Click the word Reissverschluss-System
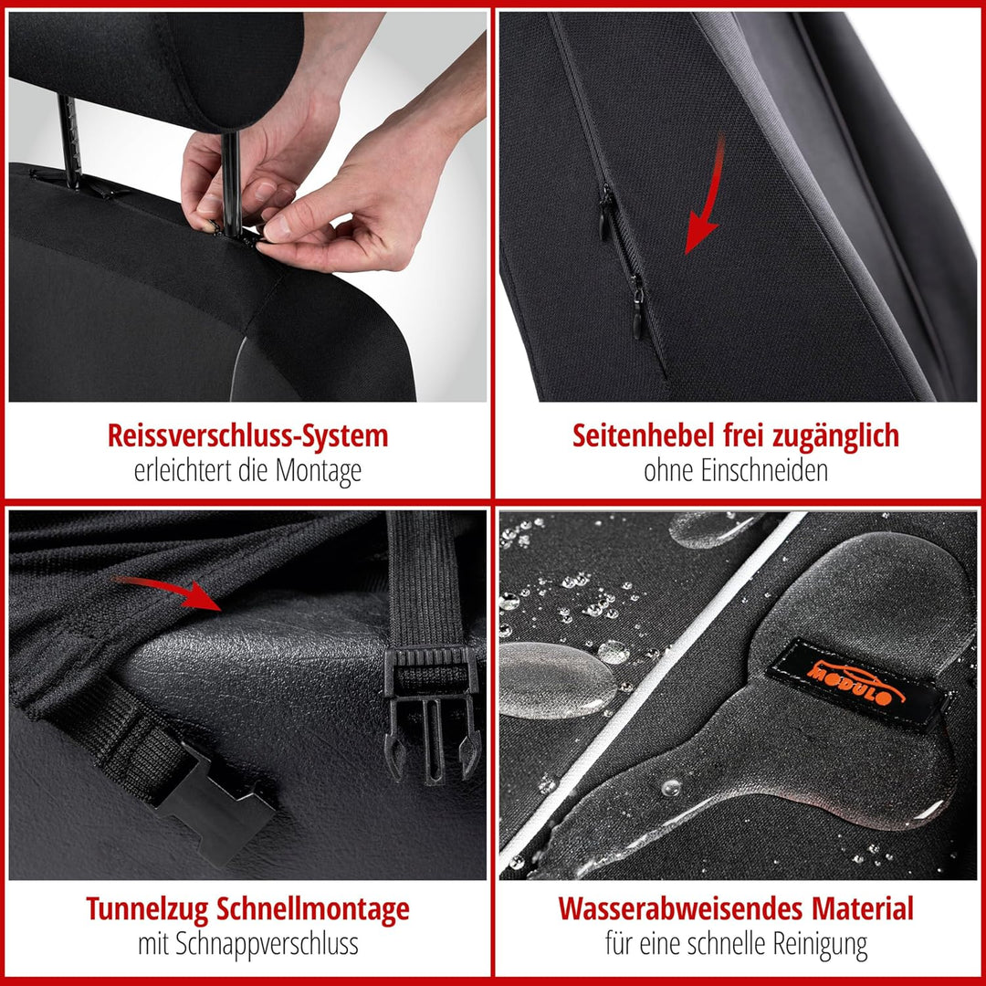click(x=247, y=435)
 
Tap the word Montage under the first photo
click(x=318, y=471)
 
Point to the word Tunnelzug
click(x=149, y=909)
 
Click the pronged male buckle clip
click(x=431, y=703)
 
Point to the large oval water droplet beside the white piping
click(x=557, y=680)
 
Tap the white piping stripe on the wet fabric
click(x=639, y=694)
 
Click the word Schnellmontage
click(x=313, y=909)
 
